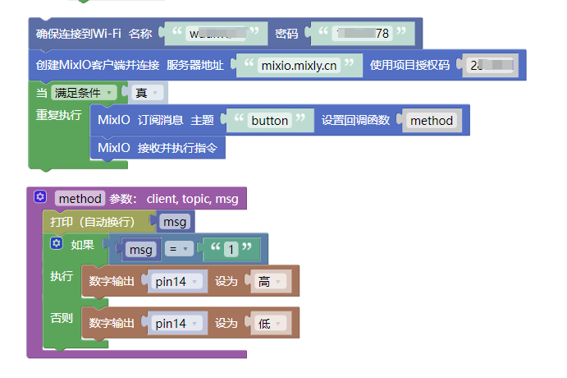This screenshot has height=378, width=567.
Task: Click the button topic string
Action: [x=269, y=120]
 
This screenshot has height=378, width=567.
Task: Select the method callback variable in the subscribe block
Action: [x=432, y=120]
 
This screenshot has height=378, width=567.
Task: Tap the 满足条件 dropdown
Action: [x=83, y=93]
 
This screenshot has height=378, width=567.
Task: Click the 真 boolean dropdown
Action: [x=146, y=93]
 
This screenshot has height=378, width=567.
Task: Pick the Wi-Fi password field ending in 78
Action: [x=356, y=34]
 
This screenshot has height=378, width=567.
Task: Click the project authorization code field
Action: [x=492, y=65]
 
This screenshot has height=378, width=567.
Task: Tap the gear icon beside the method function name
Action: [x=40, y=198]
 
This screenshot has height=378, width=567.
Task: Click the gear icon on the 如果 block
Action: [x=57, y=244]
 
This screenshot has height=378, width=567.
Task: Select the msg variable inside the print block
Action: [x=175, y=222]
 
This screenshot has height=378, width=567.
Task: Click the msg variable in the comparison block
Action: [x=141, y=249]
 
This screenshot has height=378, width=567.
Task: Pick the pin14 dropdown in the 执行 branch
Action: [x=176, y=281]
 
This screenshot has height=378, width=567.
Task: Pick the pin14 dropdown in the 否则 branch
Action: [x=176, y=323]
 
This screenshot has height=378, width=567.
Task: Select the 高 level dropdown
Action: [x=269, y=281]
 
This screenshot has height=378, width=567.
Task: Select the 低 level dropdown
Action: [x=269, y=323]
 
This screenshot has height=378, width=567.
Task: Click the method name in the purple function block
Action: [x=80, y=198]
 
